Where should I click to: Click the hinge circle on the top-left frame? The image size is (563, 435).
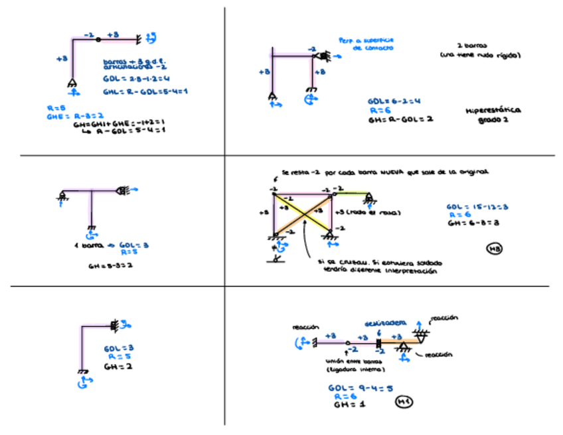tap(98, 40)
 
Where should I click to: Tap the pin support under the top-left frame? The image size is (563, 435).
tap(72, 83)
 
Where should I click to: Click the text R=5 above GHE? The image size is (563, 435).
tap(53, 107)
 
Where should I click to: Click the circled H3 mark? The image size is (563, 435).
tap(494, 249)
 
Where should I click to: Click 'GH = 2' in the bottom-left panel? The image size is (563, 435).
tap(114, 366)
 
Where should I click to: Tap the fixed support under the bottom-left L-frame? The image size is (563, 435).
tap(82, 372)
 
